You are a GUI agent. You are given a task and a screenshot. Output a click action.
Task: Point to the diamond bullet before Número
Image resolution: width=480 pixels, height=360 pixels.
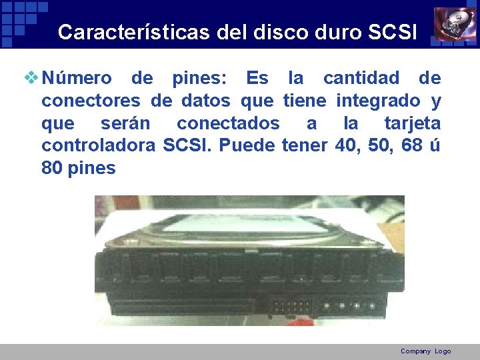[x=31, y=77]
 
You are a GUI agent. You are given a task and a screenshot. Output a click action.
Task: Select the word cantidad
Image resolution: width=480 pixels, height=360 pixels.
[x=361, y=78]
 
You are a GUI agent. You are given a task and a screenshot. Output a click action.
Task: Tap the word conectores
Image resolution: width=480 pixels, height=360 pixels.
[x=91, y=101]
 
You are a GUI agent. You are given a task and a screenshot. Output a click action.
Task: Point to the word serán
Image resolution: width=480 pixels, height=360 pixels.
[x=125, y=123]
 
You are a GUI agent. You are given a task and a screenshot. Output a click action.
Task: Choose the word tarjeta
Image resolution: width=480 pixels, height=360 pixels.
[x=413, y=123]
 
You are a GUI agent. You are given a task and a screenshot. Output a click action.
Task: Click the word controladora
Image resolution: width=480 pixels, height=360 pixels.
[x=99, y=145]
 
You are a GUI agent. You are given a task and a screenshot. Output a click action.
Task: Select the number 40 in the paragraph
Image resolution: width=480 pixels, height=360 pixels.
[x=346, y=145]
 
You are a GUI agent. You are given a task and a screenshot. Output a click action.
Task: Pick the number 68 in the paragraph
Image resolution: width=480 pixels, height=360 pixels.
[x=413, y=145]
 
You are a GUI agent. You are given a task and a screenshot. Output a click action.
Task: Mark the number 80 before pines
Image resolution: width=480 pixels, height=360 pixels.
[x=52, y=168]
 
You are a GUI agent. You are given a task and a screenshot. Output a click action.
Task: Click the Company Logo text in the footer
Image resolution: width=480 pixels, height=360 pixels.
[x=425, y=351]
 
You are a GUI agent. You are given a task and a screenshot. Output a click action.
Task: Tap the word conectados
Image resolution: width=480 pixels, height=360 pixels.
[x=228, y=123]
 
